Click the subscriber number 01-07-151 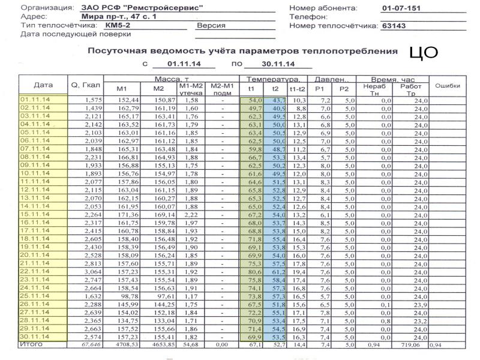(401, 8)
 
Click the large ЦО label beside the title (424, 52)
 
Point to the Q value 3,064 (94, 271)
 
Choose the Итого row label (29, 345)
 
